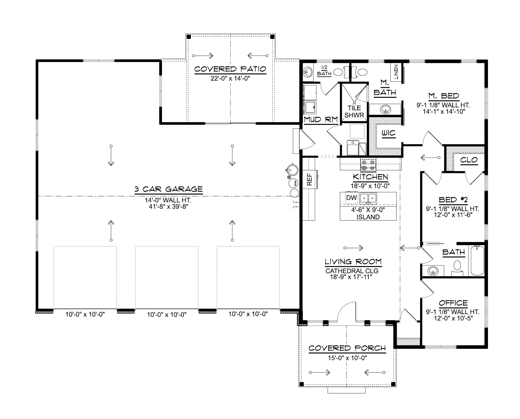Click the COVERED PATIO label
[x=230, y=69]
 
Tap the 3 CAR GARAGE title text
[x=168, y=189]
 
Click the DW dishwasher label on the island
[x=352, y=198]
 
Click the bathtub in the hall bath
[x=477, y=261]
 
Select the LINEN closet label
[x=396, y=72]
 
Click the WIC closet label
[x=388, y=133]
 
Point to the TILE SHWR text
[x=354, y=112]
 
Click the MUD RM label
[x=321, y=120]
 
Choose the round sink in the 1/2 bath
[x=308, y=72]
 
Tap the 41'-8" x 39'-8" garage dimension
[x=166, y=207]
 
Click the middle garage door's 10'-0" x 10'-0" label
[x=167, y=315]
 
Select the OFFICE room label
[x=453, y=303]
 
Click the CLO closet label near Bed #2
[x=469, y=160]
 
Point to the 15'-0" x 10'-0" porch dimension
[x=347, y=358]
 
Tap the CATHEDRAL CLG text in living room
[x=352, y=271]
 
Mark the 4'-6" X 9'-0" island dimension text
[x=368, y=210]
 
